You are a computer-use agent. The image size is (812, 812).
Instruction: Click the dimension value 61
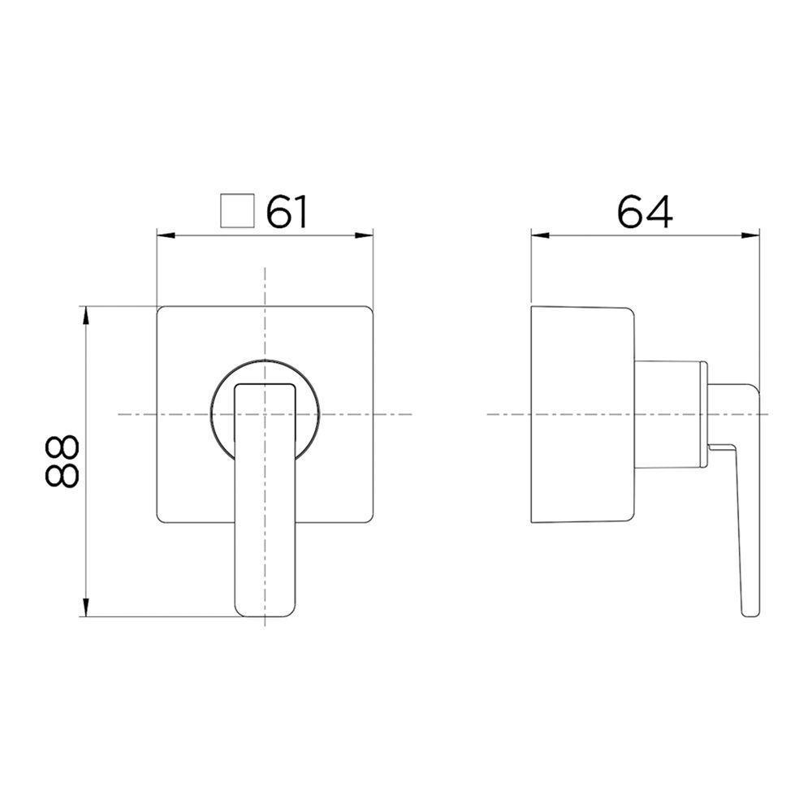coord(288,212)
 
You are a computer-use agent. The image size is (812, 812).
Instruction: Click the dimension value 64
coord(645,212)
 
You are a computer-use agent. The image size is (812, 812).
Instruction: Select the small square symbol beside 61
coord(237,211)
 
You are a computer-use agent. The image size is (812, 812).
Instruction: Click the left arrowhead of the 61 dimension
coord(162,236)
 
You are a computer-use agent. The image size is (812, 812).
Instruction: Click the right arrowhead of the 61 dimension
coord(367,236)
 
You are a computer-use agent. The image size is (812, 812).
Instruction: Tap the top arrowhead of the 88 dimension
coord(85,313)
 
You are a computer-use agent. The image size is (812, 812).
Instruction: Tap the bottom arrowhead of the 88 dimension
coord(85,610)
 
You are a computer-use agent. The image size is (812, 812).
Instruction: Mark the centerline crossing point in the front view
coord(266,414)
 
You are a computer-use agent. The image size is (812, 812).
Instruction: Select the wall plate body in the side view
coord(578,414)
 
